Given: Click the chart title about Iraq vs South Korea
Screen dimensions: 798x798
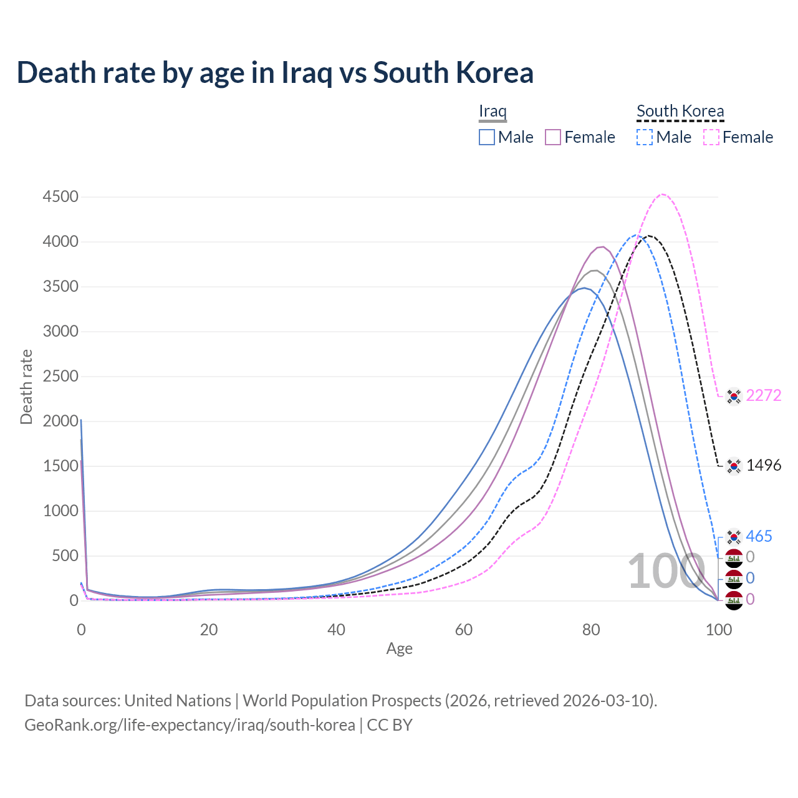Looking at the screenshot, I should (275, 72).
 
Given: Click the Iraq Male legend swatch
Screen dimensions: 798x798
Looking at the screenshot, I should (487, 137).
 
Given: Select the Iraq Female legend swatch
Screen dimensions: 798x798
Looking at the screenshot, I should (553, 137).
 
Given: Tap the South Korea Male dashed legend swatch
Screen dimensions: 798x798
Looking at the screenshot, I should (645, 137).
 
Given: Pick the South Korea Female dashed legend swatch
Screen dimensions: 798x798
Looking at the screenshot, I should (711, 137).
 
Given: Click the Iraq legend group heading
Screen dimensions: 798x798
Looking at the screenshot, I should (493, 111).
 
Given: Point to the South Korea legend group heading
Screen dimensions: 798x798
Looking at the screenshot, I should (680, 111).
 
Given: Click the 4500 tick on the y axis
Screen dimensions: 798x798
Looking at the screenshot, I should (60, 197).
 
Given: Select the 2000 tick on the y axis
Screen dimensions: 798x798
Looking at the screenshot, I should (60, 421).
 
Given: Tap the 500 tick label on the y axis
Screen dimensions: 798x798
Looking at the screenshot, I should (65, 556).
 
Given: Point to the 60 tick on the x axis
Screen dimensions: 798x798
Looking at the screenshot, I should (464, 630).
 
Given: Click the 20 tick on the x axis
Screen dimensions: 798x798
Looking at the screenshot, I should (209, 630).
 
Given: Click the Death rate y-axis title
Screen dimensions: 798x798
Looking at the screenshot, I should (26, 387).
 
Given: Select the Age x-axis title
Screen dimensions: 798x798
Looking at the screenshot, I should (400, 649).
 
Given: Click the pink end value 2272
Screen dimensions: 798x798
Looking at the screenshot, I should (763, 396).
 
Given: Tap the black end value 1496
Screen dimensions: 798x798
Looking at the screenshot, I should (763, 466).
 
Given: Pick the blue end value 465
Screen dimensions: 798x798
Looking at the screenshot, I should (759, 537).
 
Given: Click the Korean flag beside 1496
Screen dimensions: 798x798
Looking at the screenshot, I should (734, 466).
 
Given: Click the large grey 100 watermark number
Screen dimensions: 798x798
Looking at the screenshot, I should (666, 572).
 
